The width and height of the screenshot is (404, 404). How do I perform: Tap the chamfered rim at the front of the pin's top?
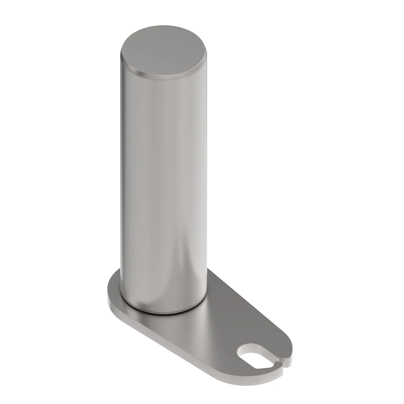162,77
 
